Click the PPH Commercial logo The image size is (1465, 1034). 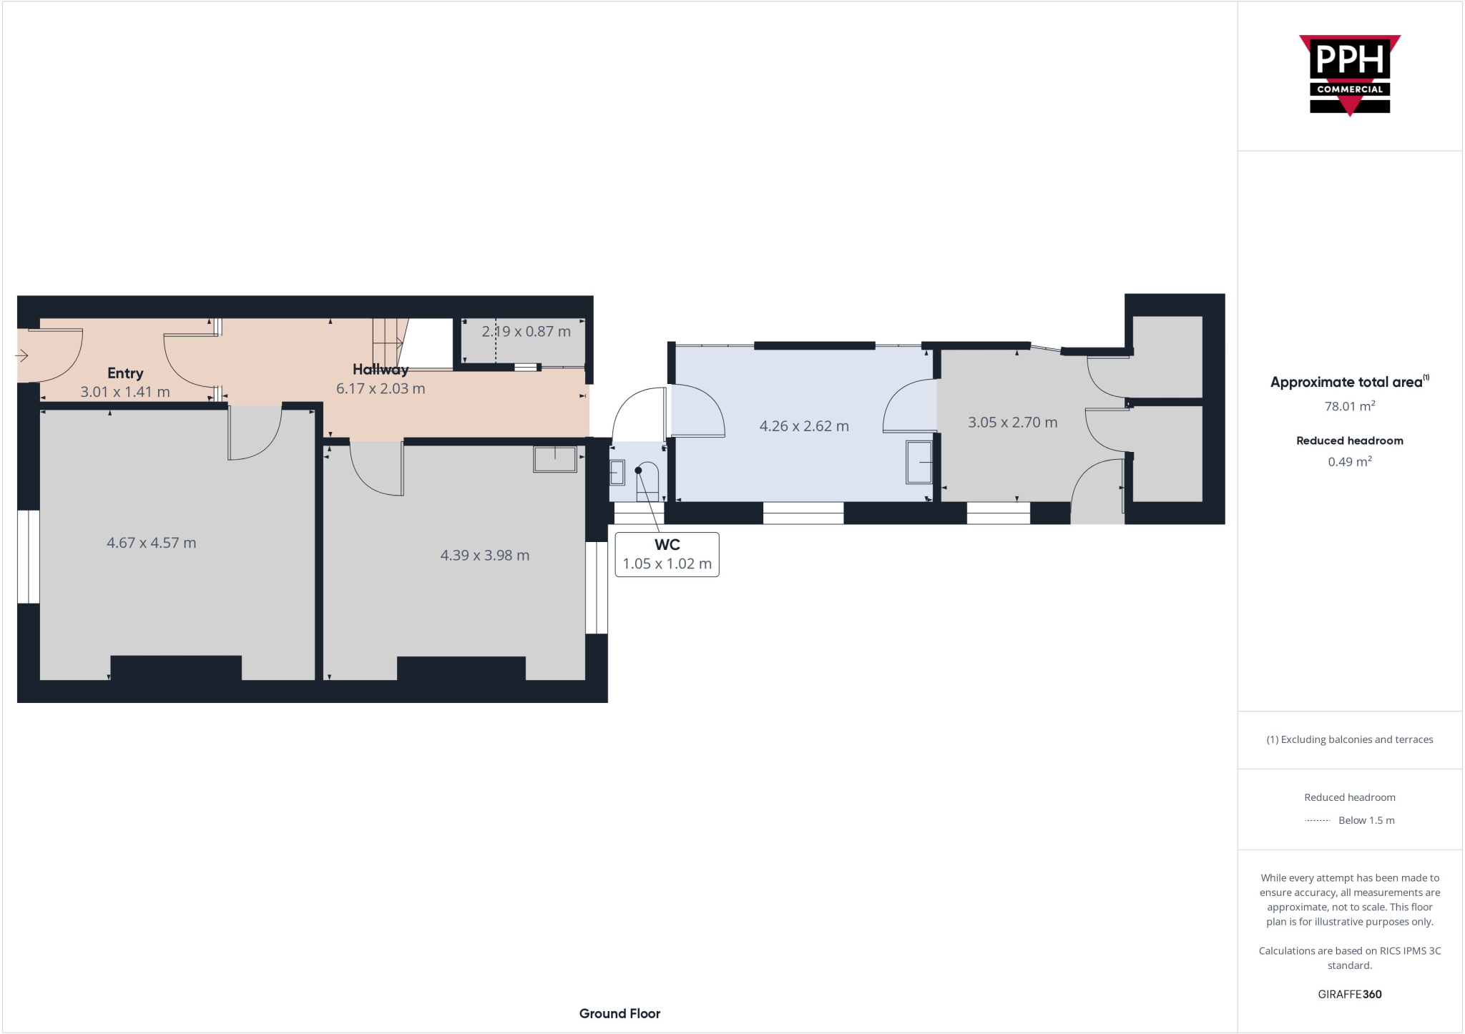click(1349, 75)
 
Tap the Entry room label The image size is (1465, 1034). click(125, 373)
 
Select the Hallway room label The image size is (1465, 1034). click(380, 370)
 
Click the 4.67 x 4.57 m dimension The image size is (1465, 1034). click(151, 543)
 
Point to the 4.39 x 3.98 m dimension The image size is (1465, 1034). click(484, 556)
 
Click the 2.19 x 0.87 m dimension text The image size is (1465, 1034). click(526, 332)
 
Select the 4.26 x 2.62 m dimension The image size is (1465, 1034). click(804, 426)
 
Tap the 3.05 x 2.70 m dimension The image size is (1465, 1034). click(1012, 423)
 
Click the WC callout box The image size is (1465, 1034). click(667, 555)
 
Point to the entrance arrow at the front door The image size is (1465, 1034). click(21, 355)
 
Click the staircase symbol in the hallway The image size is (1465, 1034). click(388, 342)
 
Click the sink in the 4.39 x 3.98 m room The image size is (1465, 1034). click(554, 459)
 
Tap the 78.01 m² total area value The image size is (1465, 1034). click(1349, 407)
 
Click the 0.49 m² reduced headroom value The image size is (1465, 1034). click(1349, 462)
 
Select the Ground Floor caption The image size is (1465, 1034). click(619, 1013)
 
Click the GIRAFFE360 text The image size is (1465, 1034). click(1349, 994)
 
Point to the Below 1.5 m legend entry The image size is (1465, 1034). click(1366, 820)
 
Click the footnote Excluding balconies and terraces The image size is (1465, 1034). click(1349, 739)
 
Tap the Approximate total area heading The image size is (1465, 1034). click(1346, 383)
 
